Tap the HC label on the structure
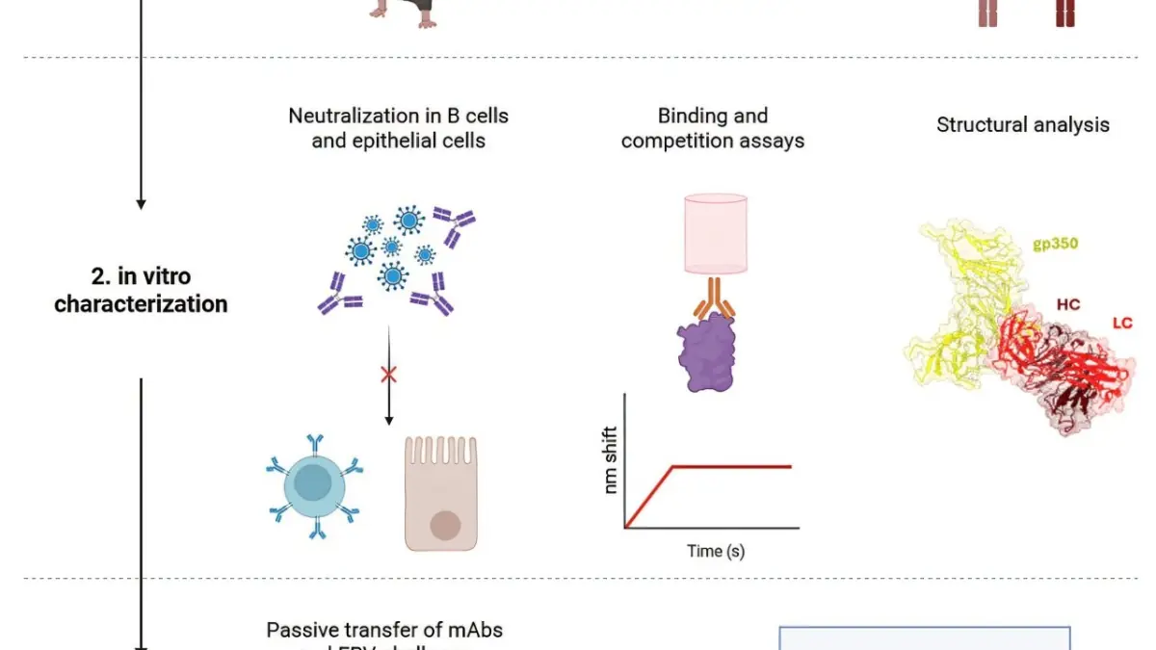point(1067,304)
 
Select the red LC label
point(1121,324)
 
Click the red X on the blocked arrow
point(389,375)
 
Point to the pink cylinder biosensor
point(714,235)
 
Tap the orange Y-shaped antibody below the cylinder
point(714,299)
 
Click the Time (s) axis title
point(715,552)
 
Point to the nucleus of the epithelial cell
point(444,526)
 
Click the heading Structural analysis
point(1023,124)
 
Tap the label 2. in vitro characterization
point(141,290)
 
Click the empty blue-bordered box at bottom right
point(924,637)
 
